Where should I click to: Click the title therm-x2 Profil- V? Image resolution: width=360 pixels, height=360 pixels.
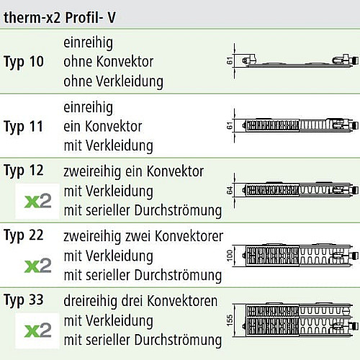click(x=60, y=17)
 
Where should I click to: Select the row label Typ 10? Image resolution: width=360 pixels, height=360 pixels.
click(x=24, y=62)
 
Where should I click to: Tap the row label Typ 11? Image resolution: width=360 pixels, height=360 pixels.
click(x=24, y=127)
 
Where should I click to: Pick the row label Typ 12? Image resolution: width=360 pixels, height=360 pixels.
click(x=24, y=171)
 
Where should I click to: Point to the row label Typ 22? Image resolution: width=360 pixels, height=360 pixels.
click(x=24, y=235)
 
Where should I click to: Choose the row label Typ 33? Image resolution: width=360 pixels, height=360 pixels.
click(x=24, y=300)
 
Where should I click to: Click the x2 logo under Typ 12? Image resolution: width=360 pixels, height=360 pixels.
click(x=37, y=201)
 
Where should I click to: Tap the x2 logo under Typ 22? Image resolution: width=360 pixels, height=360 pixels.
click(x=37, y=266)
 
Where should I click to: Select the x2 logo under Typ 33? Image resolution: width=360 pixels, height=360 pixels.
click(x=37, y=330)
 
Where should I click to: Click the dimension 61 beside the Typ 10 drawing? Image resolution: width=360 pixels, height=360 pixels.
click(x=230, y=61)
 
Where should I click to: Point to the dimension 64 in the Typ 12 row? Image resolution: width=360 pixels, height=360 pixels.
click(x=230, y=190)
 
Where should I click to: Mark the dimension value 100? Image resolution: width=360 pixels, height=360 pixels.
click(x=230, y=256)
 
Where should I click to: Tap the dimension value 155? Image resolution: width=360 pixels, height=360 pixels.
click(x=230, y=320)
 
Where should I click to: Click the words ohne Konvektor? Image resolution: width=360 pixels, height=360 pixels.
click(x=109, y=62)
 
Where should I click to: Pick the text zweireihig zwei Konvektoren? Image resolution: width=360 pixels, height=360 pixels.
click(x=143, y=236)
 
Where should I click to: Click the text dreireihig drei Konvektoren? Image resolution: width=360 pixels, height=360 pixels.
click(x=140, y=301)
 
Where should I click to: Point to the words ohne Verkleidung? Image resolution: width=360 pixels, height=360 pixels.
click(x=113, y=81)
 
